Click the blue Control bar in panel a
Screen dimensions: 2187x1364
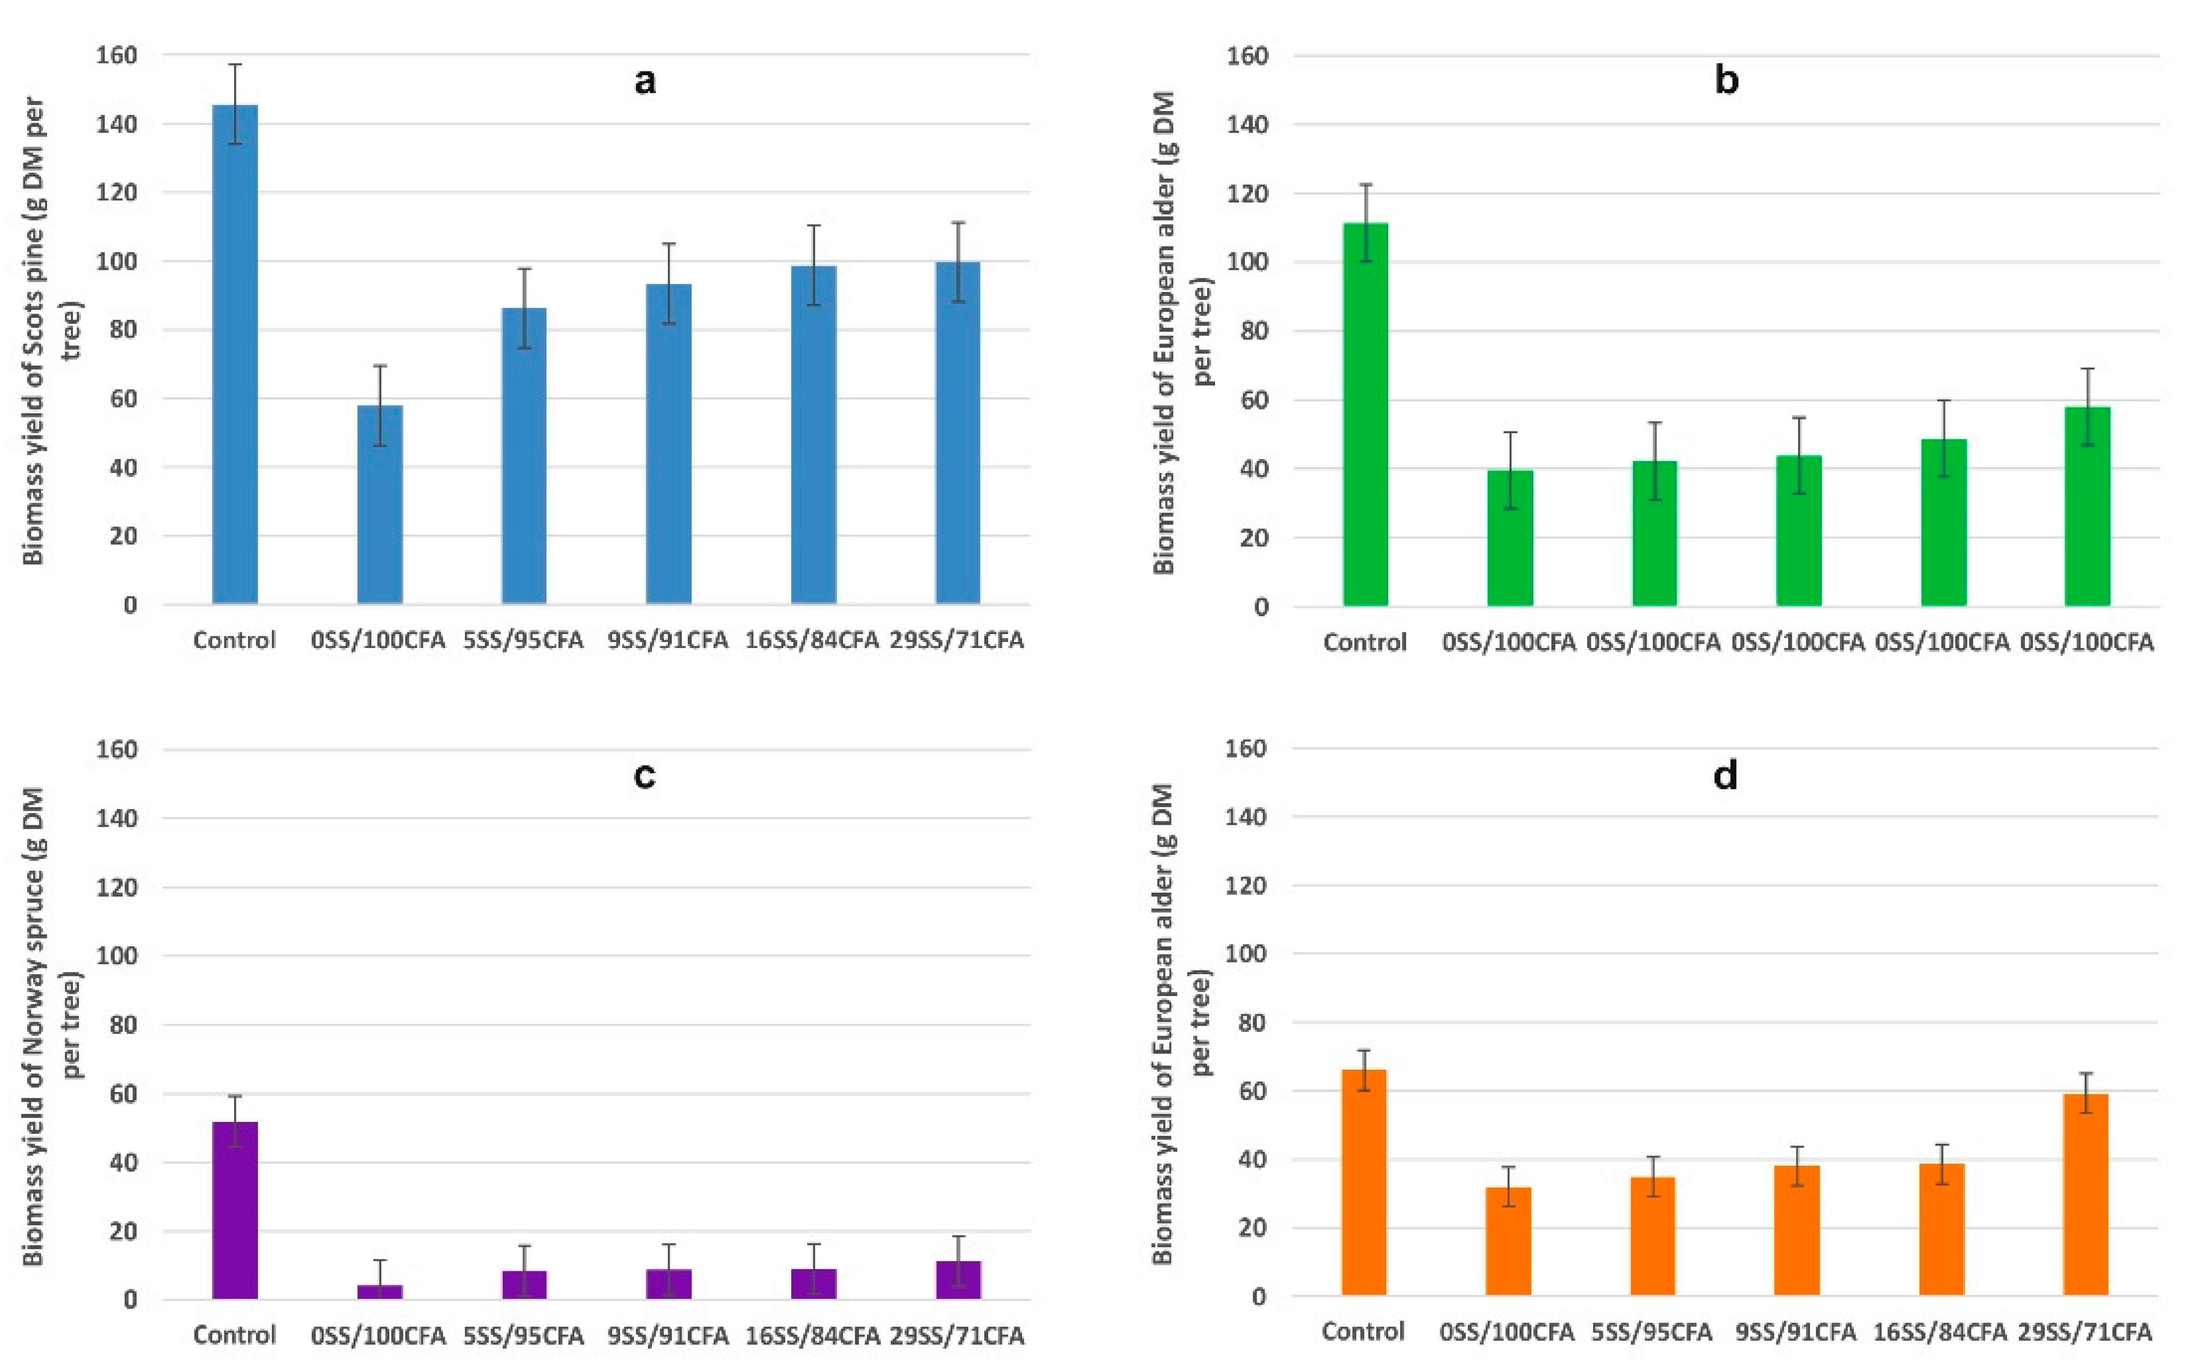coord(235,355)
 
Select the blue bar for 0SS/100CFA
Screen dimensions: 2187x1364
coord(380,504)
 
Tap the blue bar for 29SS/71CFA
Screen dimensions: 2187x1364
coord(958,433)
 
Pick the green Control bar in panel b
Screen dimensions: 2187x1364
coord(1365,414)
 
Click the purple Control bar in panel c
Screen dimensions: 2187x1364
coord(235,1210)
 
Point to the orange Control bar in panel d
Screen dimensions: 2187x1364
coord(1364,1183)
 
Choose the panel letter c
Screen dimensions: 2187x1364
coord(644,776)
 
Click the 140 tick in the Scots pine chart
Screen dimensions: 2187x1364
coord(117,124)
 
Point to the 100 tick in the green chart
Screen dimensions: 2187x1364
coord(1247,262)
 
